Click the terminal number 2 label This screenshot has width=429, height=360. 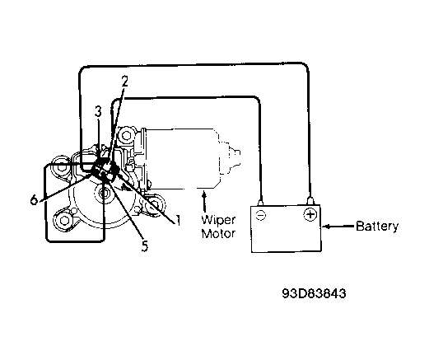[x=124, y=82]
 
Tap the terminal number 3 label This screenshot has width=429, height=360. [x=98, y=112]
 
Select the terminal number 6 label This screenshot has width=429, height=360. [x=34, y=199]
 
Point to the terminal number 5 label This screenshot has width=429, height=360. [x=145, y=246]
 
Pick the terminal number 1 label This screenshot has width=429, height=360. [x=178, y=220]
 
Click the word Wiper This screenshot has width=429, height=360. [x=218, y=220]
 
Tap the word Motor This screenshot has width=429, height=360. [x=218, y=234]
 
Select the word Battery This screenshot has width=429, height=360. [x=377, y=227]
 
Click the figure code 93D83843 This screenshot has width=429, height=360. [x=314, y=293]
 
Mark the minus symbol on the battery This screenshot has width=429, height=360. [x=260, y=215]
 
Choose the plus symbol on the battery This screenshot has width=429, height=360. [x=310, y=214]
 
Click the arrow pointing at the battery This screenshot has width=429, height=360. [x=338, y=227]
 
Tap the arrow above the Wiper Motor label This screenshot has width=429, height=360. [x=204, y=202]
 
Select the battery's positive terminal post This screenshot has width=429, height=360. [x=310, y=200]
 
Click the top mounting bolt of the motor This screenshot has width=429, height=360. [x=126, y=135]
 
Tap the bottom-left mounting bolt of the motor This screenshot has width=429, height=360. [x=64, y=220]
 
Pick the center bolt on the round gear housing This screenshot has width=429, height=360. [x=104, y=193]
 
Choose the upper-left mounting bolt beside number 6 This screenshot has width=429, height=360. [x=61, y=166]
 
